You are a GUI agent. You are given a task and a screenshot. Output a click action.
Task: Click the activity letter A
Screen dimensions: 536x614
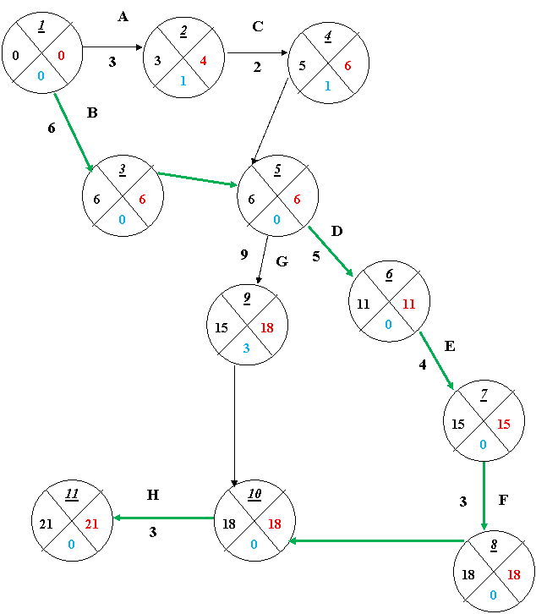pos(123,16)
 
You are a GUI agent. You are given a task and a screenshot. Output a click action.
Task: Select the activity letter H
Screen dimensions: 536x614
pos(153,495)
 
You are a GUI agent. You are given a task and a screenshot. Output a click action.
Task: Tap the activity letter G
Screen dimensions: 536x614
pos(282,261)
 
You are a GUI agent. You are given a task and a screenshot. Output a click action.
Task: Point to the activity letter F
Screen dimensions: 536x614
pos(503,500)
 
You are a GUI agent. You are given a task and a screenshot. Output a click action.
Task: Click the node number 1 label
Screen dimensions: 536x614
pos(41,26)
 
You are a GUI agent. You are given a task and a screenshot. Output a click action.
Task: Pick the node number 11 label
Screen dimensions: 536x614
pos(72,494)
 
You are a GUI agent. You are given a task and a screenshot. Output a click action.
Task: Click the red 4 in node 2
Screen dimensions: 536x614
pos(203,61)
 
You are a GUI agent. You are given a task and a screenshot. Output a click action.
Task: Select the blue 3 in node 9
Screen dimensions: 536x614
pos(246,348)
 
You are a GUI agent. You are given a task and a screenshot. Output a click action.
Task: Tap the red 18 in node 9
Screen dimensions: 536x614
pos(267,327)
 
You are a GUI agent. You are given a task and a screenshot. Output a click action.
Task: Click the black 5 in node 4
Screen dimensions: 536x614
pos(303,66)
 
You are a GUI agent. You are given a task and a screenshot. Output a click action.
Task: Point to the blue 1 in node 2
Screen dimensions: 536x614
pos(183,80)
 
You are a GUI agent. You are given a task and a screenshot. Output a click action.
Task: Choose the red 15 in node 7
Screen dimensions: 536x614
pos(504,424)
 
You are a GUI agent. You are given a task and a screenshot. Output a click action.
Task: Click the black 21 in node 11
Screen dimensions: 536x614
pos(46,524)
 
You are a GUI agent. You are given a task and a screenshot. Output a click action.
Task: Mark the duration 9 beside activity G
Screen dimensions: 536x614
pos(244,255)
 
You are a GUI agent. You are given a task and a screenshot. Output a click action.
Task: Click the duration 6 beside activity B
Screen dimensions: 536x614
pos(52,128)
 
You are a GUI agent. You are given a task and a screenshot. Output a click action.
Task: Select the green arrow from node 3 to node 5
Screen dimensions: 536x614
pos(197,179)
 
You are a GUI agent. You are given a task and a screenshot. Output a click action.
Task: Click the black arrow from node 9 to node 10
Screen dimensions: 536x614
pos(234,426)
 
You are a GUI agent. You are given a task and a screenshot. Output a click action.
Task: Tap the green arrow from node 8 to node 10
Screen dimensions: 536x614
pos(376,541)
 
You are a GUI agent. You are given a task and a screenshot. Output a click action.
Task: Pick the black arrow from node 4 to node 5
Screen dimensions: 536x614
pos(271,121)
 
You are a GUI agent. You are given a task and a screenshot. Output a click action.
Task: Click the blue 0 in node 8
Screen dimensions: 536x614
pos(493,595)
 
